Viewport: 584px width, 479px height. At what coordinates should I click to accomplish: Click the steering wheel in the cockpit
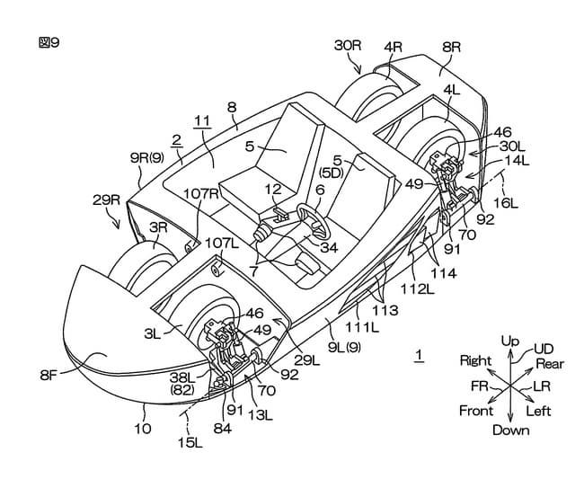click(314, 220)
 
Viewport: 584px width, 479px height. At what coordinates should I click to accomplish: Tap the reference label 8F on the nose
click(49, 375)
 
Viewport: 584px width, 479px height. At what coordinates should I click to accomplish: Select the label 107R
click(201, 194)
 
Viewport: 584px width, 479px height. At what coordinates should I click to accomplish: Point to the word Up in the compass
click(510, 341)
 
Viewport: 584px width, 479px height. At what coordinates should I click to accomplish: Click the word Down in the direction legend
click(510, 430)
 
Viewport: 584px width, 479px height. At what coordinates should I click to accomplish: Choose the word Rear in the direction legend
click(550, 364)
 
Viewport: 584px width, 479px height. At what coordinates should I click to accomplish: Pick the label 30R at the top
click(348, 46)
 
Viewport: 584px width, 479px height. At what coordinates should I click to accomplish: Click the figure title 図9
click(49, 42)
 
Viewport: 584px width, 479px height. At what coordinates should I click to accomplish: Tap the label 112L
click(417, 289)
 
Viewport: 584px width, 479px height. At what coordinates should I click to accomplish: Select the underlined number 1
click(420, 356)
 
